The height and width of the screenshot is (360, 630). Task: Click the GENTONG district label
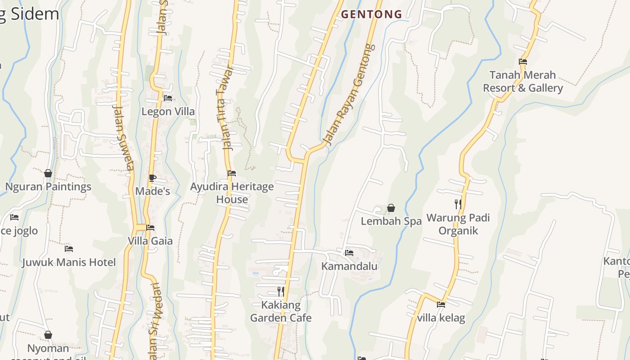[x=371, y=14]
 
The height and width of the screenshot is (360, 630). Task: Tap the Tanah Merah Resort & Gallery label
[x=523, y=81]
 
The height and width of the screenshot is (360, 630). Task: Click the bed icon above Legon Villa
[x=168, y=98]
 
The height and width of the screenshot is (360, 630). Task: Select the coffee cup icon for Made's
[x=153, y=178]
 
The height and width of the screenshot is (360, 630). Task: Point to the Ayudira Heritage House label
[x=232, y=193]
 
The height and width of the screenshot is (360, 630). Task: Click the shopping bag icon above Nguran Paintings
[x=48, y=173]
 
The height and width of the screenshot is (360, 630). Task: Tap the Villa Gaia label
[x=150, y=241]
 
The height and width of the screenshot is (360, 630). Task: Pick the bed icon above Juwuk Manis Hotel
[x=69, y=248]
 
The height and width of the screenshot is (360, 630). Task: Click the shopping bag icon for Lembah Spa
[x=391, y=208]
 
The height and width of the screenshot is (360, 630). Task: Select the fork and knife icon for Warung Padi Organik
[x=458, y=204]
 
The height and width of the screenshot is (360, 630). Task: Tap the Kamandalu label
[x=349, y=266]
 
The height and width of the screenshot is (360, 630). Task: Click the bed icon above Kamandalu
[x=349, y=253]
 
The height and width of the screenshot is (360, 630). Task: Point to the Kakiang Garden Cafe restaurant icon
[x=281, y=292]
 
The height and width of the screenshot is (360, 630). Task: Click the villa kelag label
[x=441, y=318]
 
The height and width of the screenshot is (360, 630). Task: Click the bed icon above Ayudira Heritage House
[x=232, y=173]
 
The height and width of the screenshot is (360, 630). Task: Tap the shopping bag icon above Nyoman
[x=48, y=335]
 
